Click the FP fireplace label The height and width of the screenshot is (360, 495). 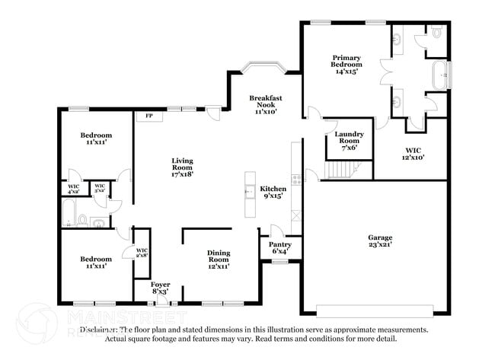point(149,116)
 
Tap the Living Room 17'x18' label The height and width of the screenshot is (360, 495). point(182,167)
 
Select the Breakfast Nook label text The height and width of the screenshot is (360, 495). point(266,104)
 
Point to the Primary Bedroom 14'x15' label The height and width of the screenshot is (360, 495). point(346,62)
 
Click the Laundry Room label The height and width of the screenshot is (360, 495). point(350,141)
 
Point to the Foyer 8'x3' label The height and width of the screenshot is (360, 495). point(160,288)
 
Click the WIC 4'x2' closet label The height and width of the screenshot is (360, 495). point(74,188)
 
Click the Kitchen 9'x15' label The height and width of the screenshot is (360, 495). point(272,192)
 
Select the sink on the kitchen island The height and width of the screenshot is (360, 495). point(248,192)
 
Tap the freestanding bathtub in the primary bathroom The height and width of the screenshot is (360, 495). point(441,75)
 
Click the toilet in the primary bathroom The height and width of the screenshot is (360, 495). point(436,31)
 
